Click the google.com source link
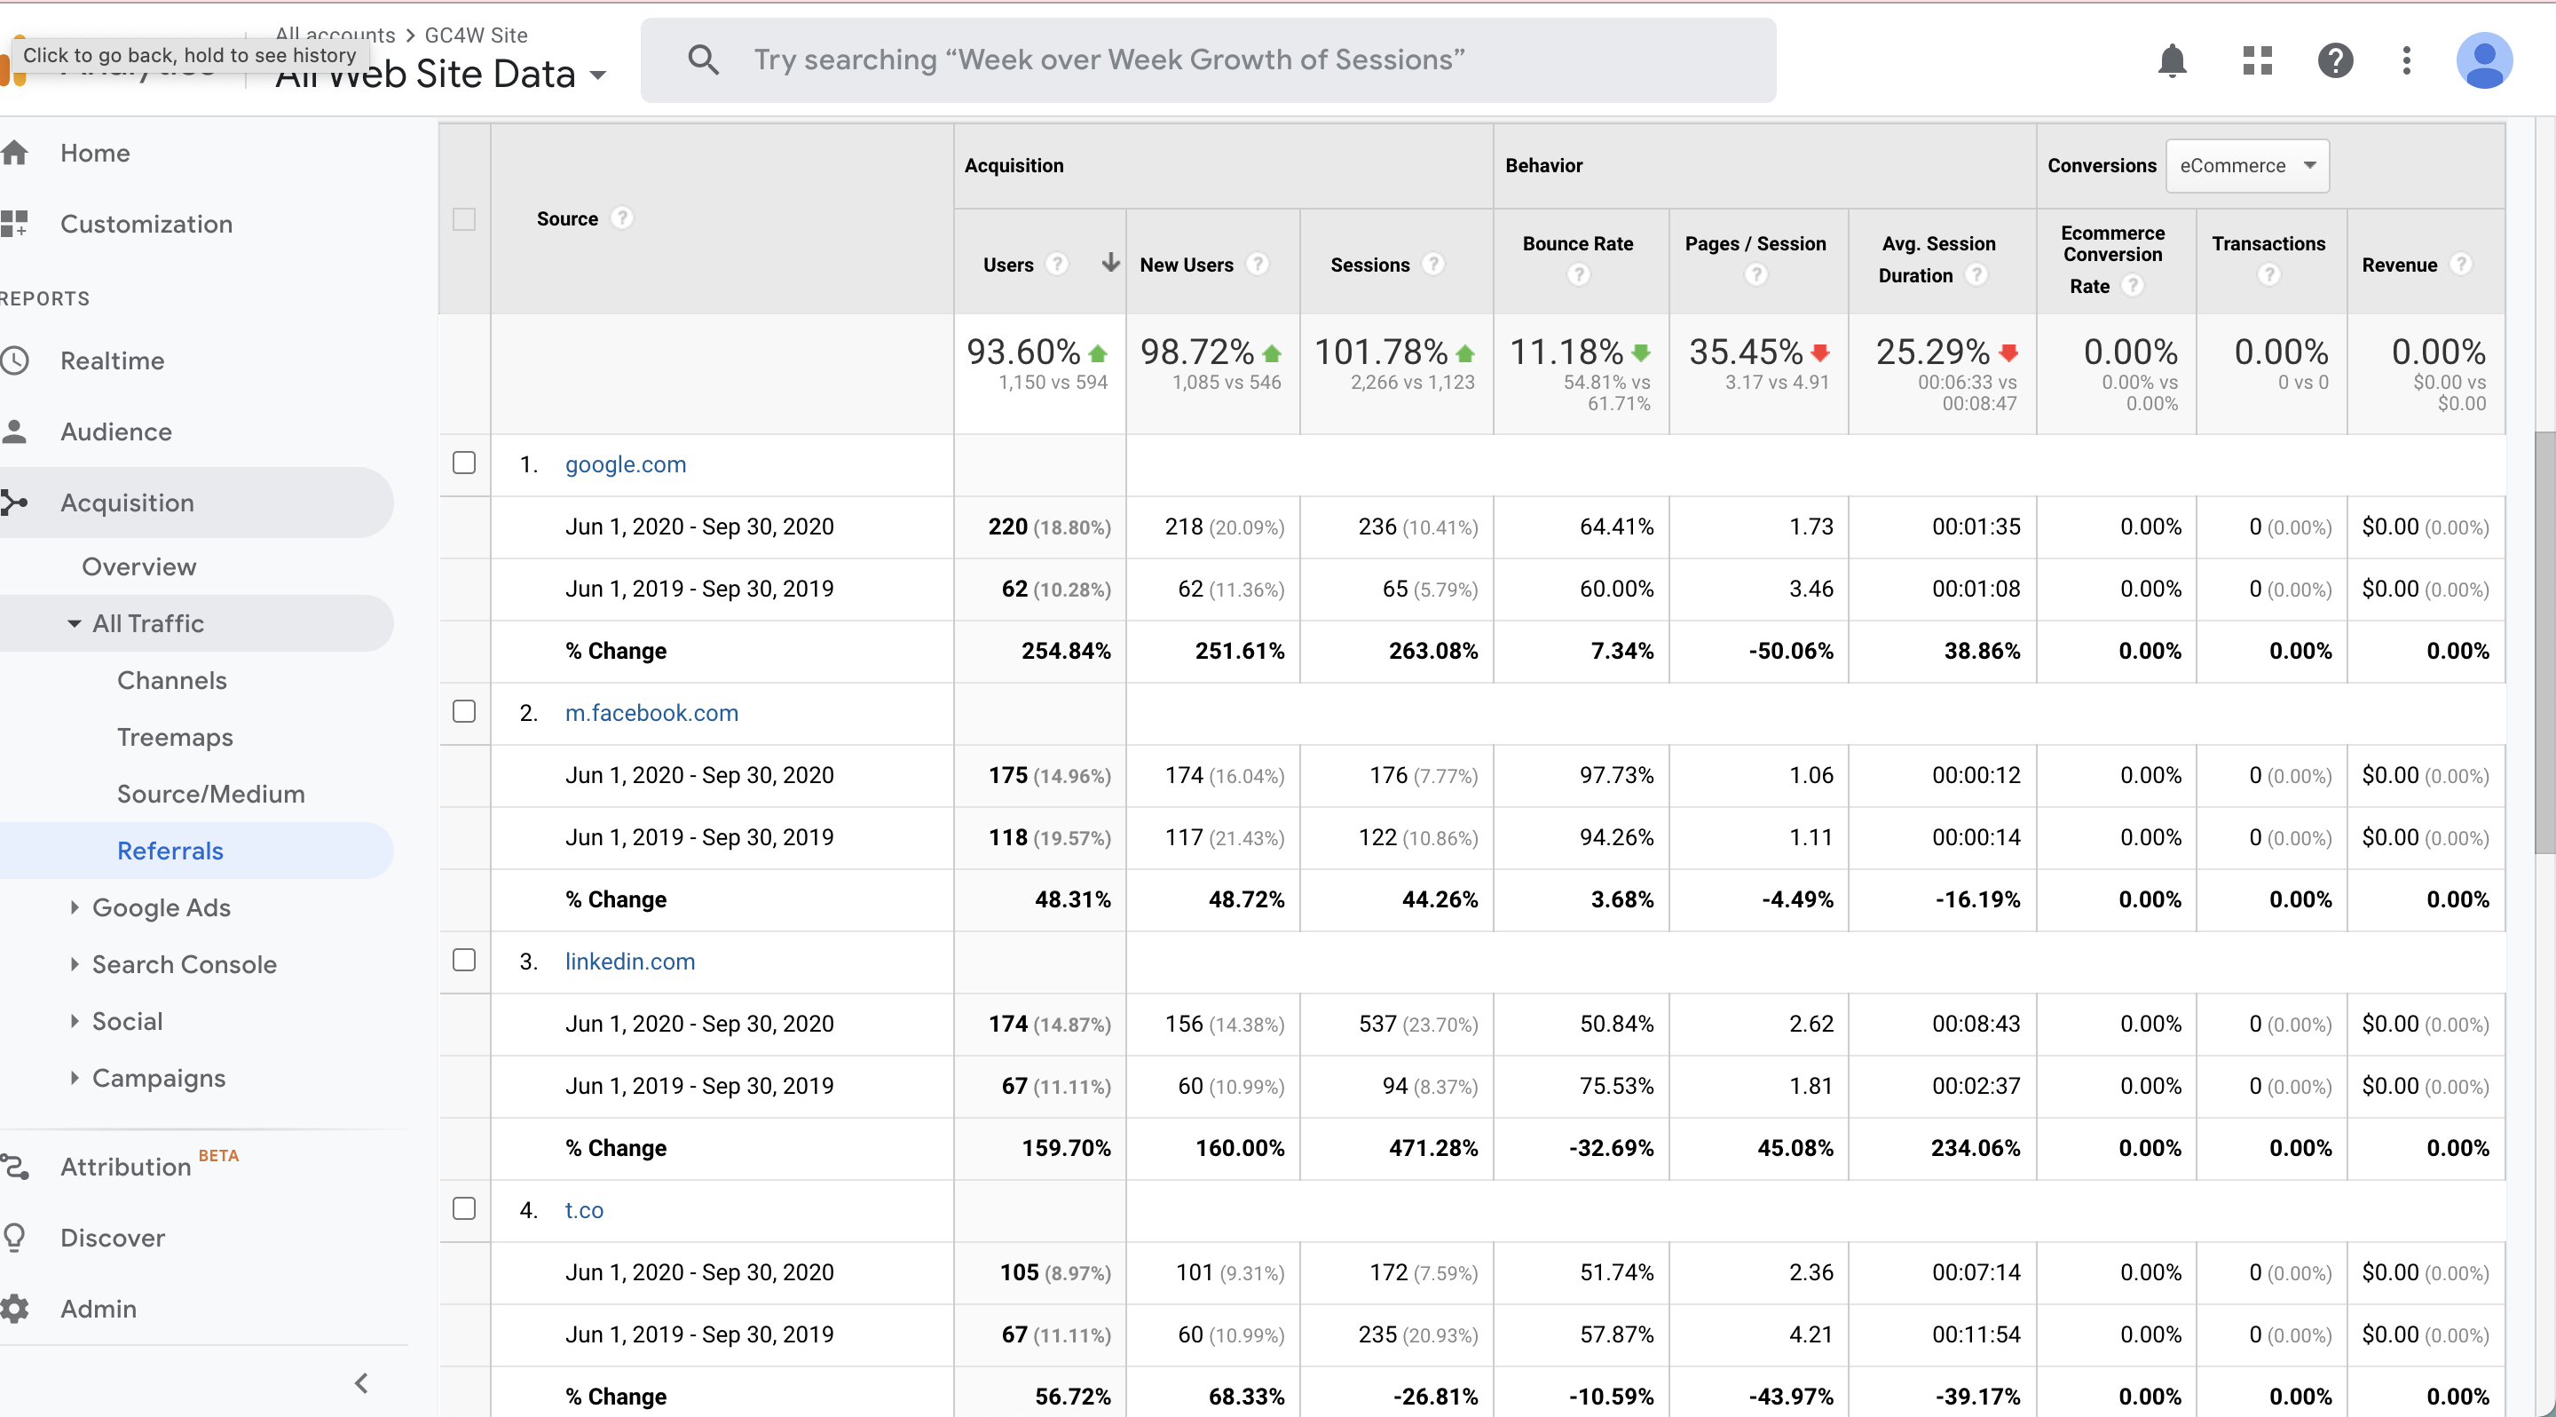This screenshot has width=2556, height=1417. pos(625,464)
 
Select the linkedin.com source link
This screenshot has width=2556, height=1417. pos(629,962)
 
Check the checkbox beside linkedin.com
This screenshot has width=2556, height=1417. pos(463,960)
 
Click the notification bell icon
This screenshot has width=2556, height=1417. pos(2172,60)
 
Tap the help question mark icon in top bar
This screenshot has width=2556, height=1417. pos(2335,60)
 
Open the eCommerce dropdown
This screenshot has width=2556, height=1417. pos(2246,166)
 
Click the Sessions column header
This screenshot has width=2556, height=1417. pos(1369,265)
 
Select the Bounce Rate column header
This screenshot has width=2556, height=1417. pos(1578,244)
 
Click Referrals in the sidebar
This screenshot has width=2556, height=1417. pos(170,851)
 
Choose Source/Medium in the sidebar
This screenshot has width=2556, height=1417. pos(210,794)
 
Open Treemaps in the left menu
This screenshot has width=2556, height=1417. pos(175,737)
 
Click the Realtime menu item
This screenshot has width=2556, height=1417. pos(112,360)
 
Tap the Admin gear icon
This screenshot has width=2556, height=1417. pos(15,1309)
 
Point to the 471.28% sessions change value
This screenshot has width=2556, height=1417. pos(1432,1148)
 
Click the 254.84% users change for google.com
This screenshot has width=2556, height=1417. pos(1066,651)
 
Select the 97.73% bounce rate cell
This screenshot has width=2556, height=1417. pos(1616,775)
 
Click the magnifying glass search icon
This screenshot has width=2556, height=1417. pos(704,59)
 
